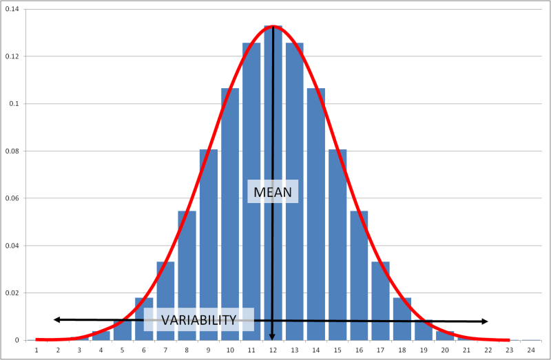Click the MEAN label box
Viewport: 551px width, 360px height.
[x=273, y=191]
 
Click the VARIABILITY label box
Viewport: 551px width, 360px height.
[x=198, y=319]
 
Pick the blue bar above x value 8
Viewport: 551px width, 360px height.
[x=187, y=275]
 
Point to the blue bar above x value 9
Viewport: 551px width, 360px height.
[x=209, y=241]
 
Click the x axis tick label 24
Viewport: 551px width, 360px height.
[x=530, y=350]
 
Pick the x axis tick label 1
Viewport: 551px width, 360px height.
[x=36, y=350]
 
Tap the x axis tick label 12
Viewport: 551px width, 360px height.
[x=273, y=350]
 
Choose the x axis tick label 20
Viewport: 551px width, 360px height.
[x=445, y=350]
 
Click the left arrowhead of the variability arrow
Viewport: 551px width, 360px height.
[x=56, y=319]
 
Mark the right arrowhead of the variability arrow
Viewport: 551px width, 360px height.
[x=485, y=321]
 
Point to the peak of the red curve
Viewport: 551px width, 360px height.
[x=273, y=26]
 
